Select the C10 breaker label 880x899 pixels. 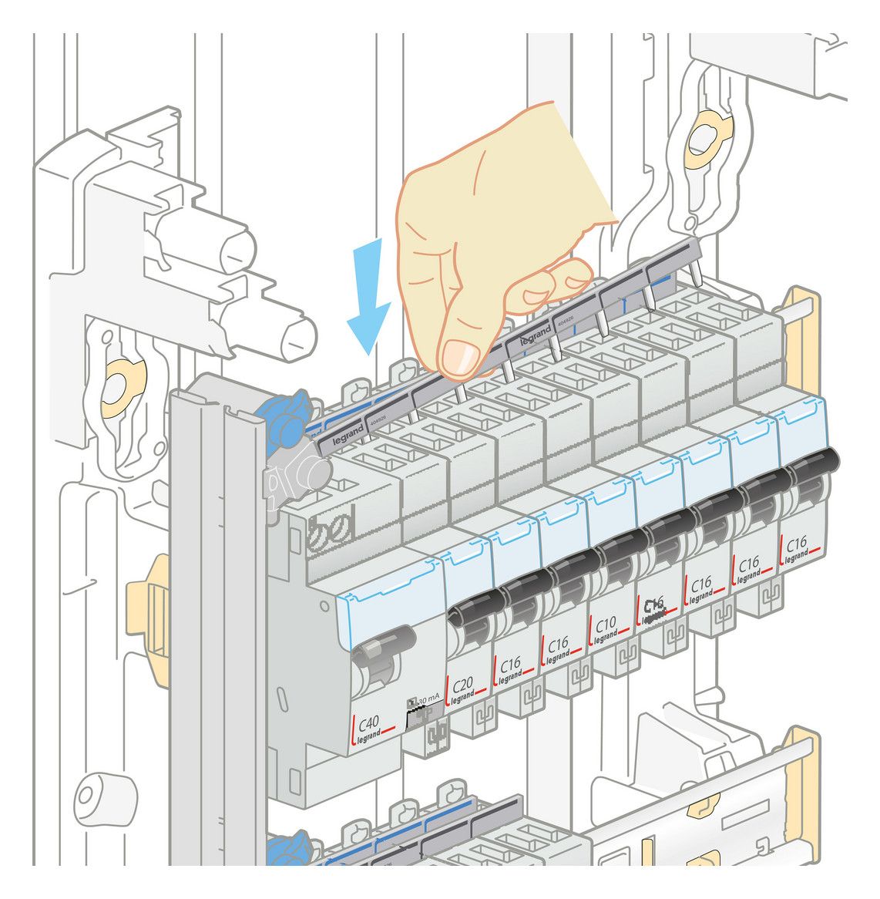tap(606, 626)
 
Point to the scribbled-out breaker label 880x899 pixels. tap(653, 609)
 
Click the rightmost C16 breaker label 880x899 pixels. tap(796, 546)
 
